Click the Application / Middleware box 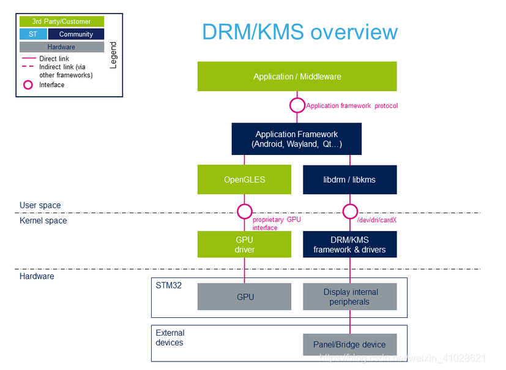[x=297, y=77]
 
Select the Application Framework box [x=297, y=138]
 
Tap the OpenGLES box [x=244, y=180]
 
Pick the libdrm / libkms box [x=350, y=180]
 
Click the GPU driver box [x=244, y=244]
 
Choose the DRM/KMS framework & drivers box [x=350, y=244]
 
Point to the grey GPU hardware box [x=244, y=296]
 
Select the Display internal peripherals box [x=350, y=296]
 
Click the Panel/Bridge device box [x=350, y=344]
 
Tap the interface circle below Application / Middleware [x=297, y=105]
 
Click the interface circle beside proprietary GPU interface [x=244, y=212]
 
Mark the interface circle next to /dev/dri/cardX [x=350, y=212]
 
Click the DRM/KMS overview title [x=300, y=32]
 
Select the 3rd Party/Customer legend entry [x=61, y=21]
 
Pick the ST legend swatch [x=33, y=34]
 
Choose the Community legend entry [x=76, y=34]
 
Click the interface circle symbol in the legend [x=28, y=85]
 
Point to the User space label [x=40, y=205]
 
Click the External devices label [x=170, y=338]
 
